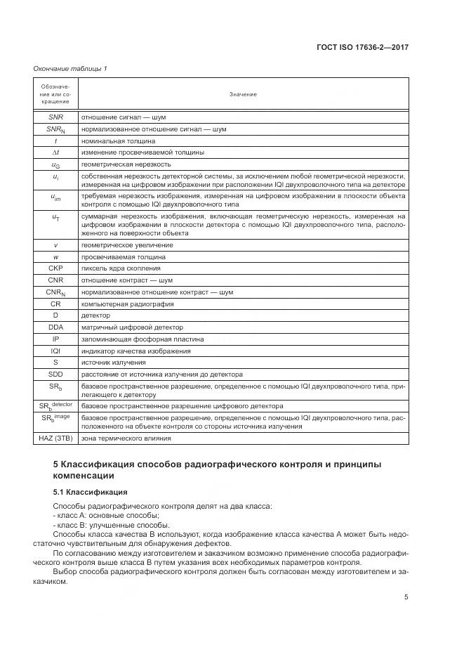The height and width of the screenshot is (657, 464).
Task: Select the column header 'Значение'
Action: (243, 94)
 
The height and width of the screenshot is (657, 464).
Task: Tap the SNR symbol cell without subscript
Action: (55, 117)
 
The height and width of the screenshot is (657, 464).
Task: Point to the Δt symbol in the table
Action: (55, 152)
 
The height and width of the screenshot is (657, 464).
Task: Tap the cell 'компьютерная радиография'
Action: (126, 304)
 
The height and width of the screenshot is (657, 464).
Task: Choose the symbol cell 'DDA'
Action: (55, 327)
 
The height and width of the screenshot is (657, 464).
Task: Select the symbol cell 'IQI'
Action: (55, 351)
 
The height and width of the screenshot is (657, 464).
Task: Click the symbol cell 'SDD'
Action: (55, 374)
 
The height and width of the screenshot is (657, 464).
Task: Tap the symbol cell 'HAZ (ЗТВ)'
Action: (55, 438)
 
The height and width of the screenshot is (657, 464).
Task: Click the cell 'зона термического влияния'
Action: (126, 438)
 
